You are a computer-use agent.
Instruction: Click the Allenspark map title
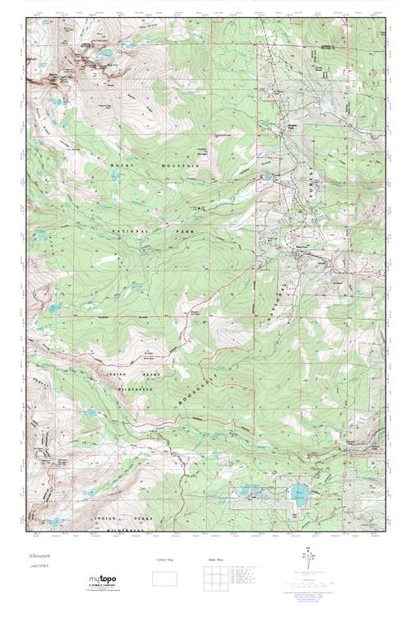coord(39,557)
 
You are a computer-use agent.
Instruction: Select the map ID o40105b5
coord(41,568)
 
